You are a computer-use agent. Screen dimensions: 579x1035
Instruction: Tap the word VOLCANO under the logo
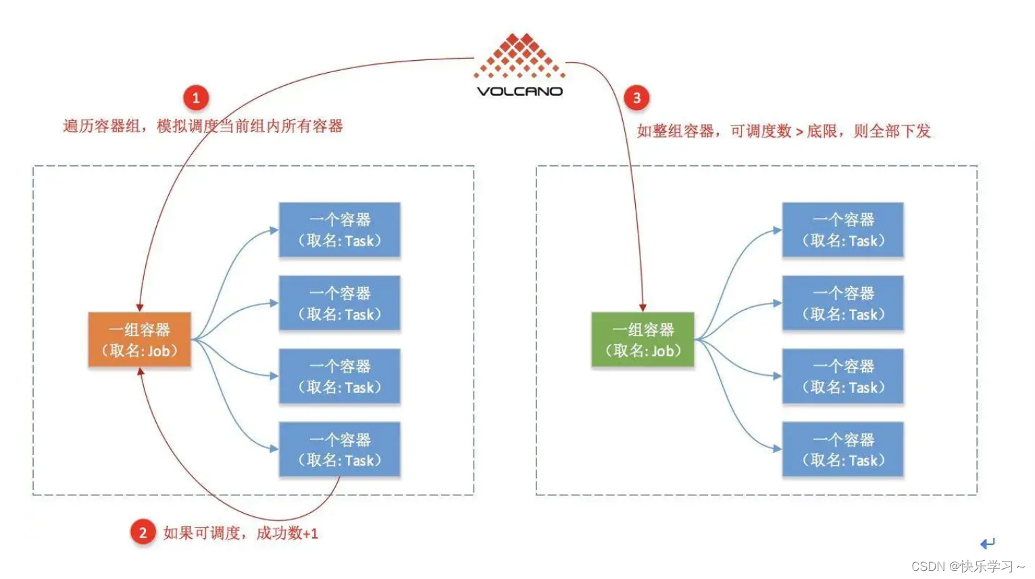coord(520,91)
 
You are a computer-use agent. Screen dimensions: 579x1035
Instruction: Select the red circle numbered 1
coord(196,99)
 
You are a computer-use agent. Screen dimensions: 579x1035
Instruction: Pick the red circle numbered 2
coord(143,532)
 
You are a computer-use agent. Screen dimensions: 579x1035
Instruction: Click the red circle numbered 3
coord(636,99)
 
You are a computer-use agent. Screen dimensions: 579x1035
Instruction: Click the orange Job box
coord(140,340)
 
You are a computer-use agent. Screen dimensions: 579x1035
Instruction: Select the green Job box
coord(642,340)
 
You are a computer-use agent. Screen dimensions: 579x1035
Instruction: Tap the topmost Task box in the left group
coord(340,230)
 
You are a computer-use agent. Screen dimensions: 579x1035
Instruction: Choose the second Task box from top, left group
coord(340,304)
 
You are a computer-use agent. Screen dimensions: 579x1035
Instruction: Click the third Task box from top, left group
coord(340,377)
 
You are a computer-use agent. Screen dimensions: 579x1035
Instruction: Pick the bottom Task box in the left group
coord(340,450)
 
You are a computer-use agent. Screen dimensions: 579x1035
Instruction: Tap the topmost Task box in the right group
coord(842,230)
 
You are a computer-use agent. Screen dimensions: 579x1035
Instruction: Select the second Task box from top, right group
coord(842,304)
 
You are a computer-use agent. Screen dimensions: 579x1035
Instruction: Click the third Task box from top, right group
coord(842,377)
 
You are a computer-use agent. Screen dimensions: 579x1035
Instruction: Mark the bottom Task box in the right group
coord(842,450)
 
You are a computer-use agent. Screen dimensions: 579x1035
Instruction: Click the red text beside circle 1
coord(203,126)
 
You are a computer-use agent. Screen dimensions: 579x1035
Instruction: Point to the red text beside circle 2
coord(241,533)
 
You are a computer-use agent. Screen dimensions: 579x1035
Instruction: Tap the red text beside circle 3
coord(784,131)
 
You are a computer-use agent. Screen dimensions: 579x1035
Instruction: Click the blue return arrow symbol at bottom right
coord(988,543)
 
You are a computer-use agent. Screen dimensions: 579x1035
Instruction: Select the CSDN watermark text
coord(967,566)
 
